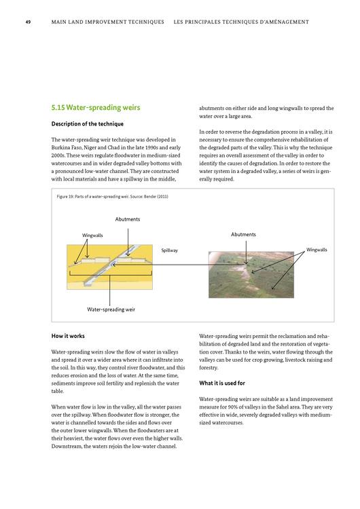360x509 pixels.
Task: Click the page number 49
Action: [x=29, y=22]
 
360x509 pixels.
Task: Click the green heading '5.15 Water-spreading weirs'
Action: [x=96, y=108]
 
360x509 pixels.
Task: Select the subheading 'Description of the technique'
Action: [x=88, y=124]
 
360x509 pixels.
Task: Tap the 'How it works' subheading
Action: [x=68, y=336]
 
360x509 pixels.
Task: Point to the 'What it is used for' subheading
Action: [x=222, y=383]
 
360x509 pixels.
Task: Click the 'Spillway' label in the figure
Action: [x=170, y=250]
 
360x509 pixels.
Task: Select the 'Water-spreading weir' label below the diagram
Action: [x=111, y=309]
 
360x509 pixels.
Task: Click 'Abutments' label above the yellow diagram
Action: [x=128, y=219]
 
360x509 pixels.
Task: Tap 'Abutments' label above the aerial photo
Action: [x=243, y=234]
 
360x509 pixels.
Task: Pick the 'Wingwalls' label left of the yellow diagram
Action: [x=92, y=235]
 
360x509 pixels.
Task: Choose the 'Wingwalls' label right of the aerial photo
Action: [x=317, y=250]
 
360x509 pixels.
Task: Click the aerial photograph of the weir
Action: [x=251, y=275]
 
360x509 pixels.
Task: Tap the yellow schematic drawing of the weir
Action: [x=109, y=267]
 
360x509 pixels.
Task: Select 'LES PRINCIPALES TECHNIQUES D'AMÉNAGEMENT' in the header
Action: [x=241, y=22]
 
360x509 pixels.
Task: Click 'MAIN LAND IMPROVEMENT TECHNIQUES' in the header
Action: [x=108, y=22]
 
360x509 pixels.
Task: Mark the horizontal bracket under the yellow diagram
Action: [x=110, y=276]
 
